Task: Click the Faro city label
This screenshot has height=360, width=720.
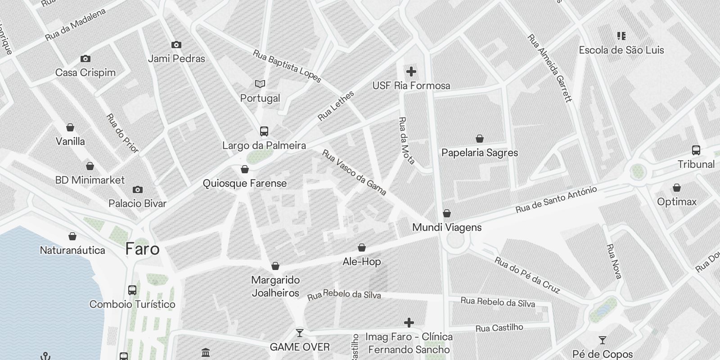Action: tap(142, 249)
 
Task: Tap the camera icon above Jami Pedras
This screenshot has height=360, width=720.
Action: tap(176, 45)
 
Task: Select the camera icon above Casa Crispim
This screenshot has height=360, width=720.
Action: tap(85, 58)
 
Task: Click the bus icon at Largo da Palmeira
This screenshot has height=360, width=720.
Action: tap(264, 131)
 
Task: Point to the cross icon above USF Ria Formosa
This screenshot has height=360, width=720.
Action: tap(411, 72)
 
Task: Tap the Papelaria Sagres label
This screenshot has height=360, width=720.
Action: tap(480, 153)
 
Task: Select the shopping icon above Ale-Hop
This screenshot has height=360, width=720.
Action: tap(361, 247)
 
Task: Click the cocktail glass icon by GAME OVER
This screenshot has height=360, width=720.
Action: tap(299, 333)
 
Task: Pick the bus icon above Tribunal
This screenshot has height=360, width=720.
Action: tap(696, 150)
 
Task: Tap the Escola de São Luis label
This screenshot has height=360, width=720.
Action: tap(621, 50)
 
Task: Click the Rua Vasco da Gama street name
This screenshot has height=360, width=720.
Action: tap(354, 173)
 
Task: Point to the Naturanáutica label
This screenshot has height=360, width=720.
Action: tap(72, 250)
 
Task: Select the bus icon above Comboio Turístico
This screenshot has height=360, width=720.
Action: tap(132, 290)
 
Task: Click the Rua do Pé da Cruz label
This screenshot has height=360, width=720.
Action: tap(527, 274)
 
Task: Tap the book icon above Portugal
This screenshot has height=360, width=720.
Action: tap(260, 84)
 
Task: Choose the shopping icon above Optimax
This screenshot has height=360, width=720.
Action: tap(676, 188)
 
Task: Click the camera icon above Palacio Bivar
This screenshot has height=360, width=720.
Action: tap(138, 190)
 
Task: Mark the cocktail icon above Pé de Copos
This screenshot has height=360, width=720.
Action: tap(603, 340)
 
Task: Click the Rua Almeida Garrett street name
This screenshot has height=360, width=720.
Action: tap(549, 68)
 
